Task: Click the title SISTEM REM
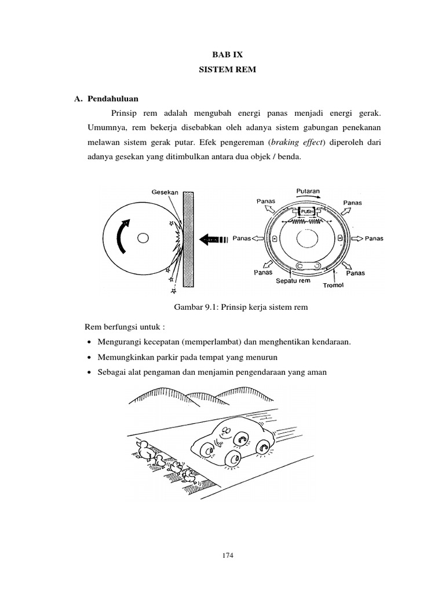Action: click(x=222, y=70)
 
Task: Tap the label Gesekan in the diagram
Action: click(x=165, y=192)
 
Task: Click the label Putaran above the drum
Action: click(x=308, y=191)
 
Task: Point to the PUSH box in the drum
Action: click(x=307, y=212)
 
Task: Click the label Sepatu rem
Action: click(x=293, y=281)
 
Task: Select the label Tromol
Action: click(x=334, y=285)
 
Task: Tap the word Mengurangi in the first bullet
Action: click(x=119, y=342)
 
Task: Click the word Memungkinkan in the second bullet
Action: click(x=124, y=357)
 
